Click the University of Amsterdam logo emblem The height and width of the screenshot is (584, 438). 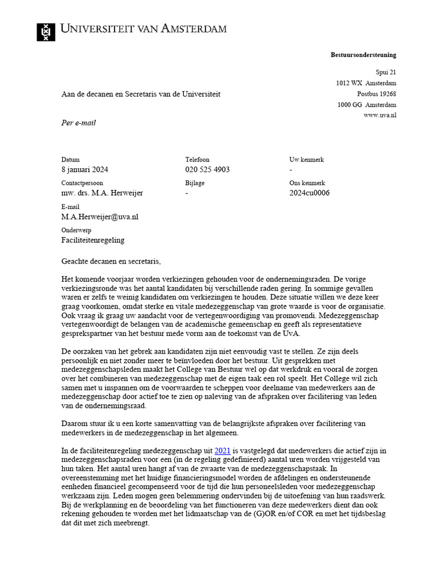point(46,32)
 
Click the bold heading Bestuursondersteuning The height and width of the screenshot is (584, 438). point(363,55)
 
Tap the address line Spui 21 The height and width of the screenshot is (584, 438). point(385,72)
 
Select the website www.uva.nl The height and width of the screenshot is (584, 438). point(380,115)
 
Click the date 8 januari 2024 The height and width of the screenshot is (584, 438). point(85,170)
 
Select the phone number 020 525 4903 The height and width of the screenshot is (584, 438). point(208,170)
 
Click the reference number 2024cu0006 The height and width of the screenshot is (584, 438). point(310,193)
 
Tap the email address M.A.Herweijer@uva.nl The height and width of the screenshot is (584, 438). point(100,217)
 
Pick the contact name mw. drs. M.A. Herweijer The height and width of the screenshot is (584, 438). point(102,193)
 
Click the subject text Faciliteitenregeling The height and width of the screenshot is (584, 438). point(92,240)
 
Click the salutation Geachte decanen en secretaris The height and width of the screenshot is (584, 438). point(111,261)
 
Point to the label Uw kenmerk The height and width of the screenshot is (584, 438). point(306,160)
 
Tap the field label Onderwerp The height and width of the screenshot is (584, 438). point(76,230)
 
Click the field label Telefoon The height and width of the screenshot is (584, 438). point(197,160)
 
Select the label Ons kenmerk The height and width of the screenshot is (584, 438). point(307,183)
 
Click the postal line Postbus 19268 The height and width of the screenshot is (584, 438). point(376,94)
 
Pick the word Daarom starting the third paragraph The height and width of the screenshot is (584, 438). point(74,423)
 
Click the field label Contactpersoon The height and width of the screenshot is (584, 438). point(82,183)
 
